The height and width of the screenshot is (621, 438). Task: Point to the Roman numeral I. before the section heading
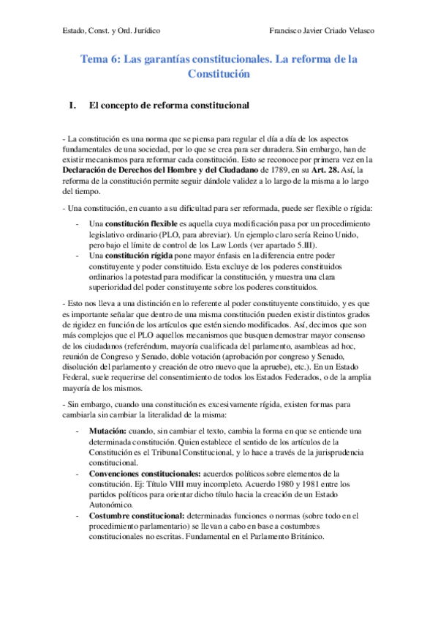click(72, 105)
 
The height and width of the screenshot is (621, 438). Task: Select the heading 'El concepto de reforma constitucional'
click(169, 105)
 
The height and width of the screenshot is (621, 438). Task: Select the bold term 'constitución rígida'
click(139, 255)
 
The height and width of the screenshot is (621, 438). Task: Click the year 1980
click(299, 485)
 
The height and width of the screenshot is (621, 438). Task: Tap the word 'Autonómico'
click(110, 505)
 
